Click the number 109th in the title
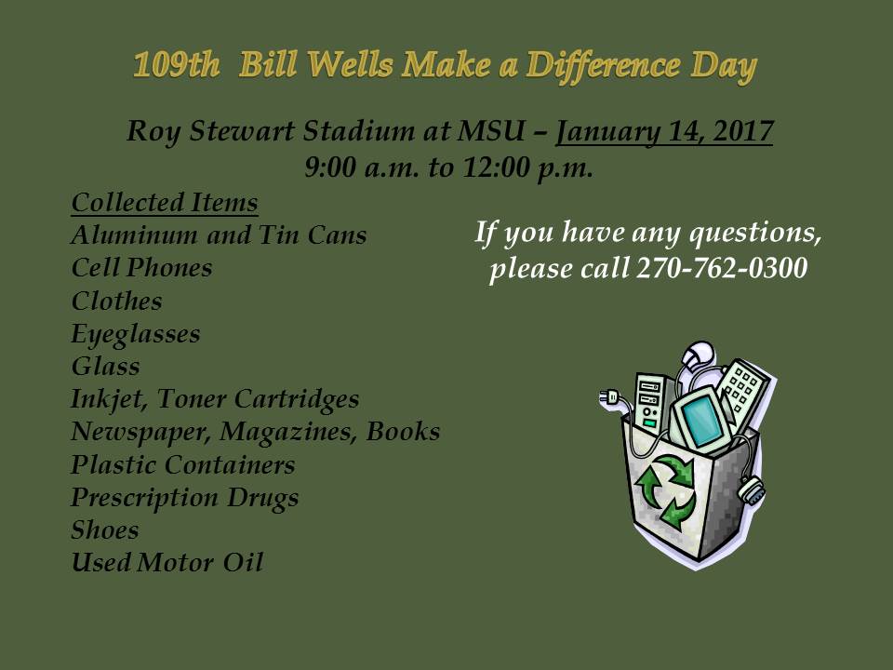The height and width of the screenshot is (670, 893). click(x=177, y=65)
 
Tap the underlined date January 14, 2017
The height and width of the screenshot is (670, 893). click(x=664, y=131)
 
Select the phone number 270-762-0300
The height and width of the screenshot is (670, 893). click(x=722, y=267)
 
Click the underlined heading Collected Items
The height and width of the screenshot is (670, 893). click(x=165, y=203)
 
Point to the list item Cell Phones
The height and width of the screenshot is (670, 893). click(x=141, y=268)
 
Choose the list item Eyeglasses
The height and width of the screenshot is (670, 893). click(x=136, y=334)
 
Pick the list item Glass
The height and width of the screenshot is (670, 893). click(x=105, y=367)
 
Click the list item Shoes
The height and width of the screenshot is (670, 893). click(x=105, y=530)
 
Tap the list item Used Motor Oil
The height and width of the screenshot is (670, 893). click(x=167, y=563)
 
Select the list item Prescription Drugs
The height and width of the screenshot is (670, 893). click(x=184, y=498)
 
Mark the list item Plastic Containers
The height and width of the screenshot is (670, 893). click(x=183, y=465)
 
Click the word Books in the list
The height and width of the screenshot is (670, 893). click(x=403, y=431)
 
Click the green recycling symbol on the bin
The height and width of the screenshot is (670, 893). click(x=666, y=489)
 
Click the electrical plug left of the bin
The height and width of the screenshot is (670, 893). click(x=610, y=397)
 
